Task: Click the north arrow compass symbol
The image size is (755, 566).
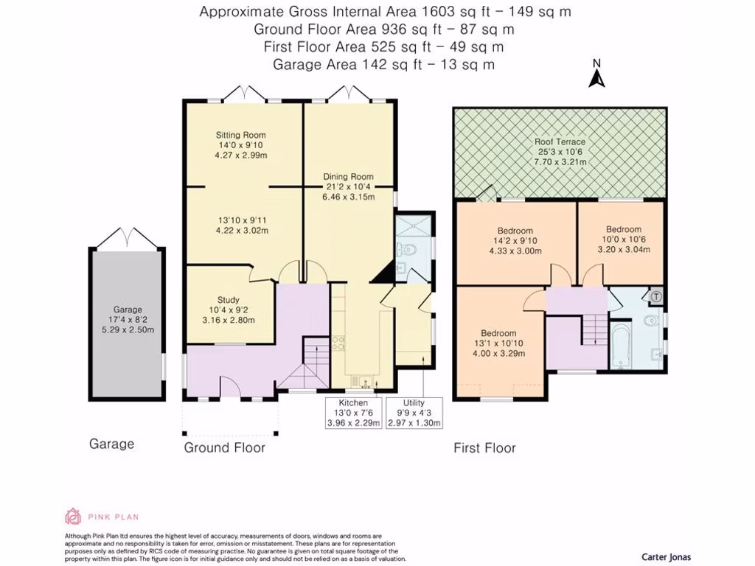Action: (597, 74)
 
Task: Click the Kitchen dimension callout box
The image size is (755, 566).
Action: (353, 413)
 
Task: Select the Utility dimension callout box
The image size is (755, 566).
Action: (414, 413)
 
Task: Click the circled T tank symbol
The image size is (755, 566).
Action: (656, 296)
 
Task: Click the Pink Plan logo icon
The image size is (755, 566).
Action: (72, 517)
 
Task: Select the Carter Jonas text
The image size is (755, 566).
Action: (665, 557)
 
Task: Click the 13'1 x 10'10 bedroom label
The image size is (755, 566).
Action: (498, 343)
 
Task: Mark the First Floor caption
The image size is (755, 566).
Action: (484, 447)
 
